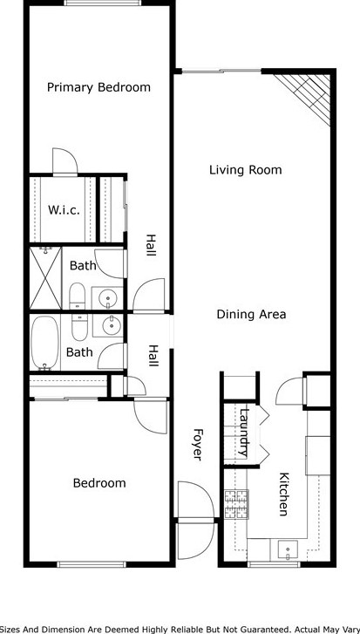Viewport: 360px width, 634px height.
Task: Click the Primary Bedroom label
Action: (x=98, y=87)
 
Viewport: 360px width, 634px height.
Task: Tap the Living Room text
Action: (x=245, y=170)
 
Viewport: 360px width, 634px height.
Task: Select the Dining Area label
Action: (x=251, y=314)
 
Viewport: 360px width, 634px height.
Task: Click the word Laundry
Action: (x=245, y=433)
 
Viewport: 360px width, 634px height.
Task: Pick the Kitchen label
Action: (x=283, y=494)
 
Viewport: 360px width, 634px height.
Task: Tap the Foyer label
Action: (x=198, y=444)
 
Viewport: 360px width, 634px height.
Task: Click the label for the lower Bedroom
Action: (x=98, y=483)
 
